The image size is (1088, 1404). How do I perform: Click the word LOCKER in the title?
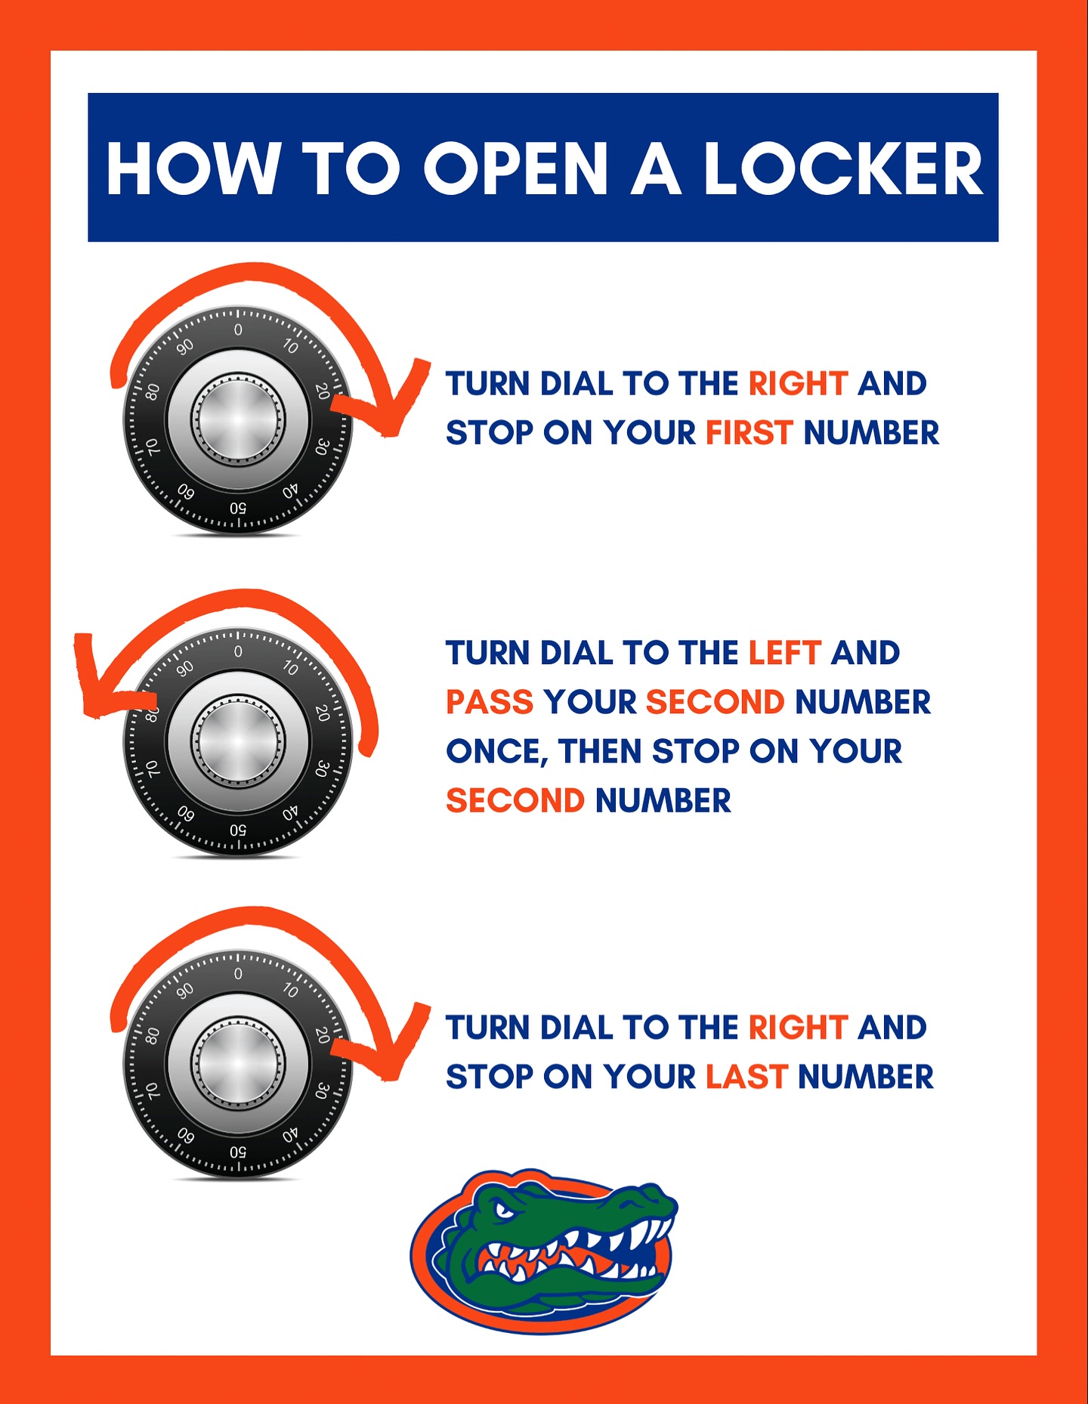tap(844, 168)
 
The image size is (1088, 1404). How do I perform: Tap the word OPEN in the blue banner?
tap(515, 168)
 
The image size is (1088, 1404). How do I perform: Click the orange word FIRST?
tap(749, 433)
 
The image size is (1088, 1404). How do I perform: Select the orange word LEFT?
tap(784, 653)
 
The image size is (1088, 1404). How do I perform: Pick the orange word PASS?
tap(490, 702)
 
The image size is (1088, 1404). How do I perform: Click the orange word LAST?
tap(746, 1077)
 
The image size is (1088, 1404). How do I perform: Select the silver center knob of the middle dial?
tap(238, 741)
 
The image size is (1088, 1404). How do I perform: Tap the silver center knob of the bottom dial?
tap(238, 1063)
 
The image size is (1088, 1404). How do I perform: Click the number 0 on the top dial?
tap(238, 329)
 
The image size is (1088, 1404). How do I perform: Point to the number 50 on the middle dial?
tap(238, 830)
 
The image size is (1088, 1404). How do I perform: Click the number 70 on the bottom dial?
tap(153, 1090)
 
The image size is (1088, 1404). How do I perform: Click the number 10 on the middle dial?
tap(291, 668)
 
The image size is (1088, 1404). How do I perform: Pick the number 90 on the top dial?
tap(185, 346)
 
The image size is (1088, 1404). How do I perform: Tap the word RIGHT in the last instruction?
tap(798, 1028)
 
